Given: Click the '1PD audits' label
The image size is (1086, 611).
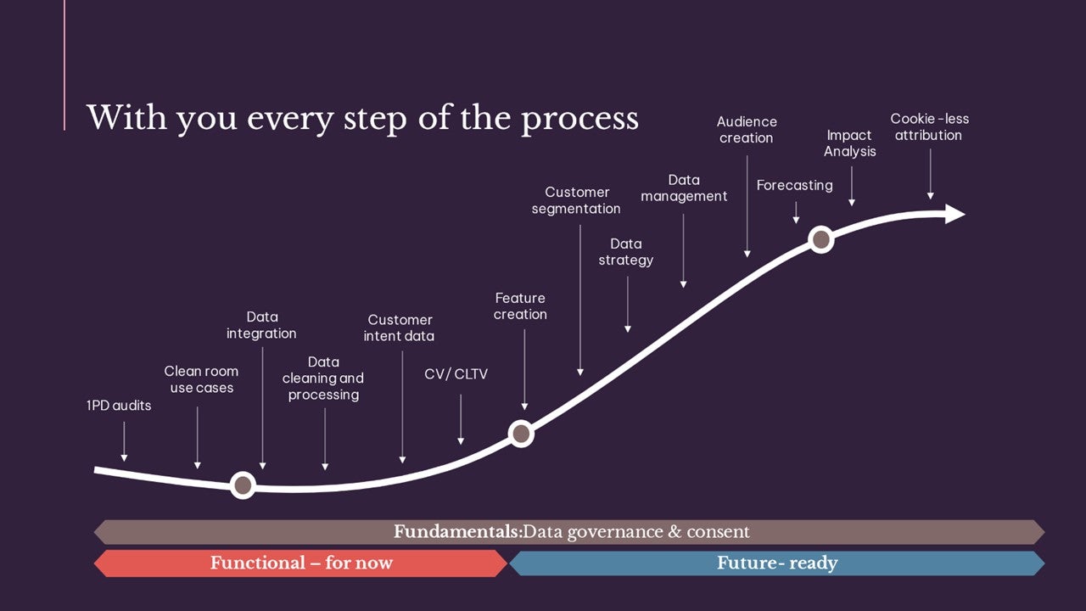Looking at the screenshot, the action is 119,406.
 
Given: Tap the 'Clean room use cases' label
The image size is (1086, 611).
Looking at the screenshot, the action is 201,379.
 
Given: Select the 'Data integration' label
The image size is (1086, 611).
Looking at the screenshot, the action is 261,325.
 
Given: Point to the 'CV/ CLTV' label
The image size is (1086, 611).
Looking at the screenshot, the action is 456,374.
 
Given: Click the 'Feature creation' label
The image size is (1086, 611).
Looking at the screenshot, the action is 520,306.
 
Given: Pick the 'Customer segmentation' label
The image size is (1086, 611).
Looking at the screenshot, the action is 576,200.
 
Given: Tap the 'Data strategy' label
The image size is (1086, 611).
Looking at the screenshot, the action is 626,252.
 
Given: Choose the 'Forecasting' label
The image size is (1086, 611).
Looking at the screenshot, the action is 795,185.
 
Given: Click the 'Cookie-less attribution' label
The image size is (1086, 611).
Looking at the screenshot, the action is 929,126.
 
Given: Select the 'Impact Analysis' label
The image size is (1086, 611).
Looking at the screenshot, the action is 850,143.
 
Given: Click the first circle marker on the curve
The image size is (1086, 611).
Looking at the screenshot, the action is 243,485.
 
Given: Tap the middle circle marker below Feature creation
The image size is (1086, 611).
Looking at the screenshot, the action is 521,433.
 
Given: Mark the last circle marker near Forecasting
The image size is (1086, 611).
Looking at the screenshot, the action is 821,239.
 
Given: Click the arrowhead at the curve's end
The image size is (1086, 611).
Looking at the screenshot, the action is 955,214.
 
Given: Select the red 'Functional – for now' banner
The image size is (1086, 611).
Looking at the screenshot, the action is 301,563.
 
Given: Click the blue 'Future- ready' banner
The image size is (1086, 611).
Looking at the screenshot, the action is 777,563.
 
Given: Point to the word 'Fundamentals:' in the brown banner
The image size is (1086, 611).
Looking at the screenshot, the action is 458,531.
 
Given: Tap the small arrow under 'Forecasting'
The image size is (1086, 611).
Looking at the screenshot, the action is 796,212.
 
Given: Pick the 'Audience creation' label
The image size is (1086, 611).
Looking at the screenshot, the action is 747,130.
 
